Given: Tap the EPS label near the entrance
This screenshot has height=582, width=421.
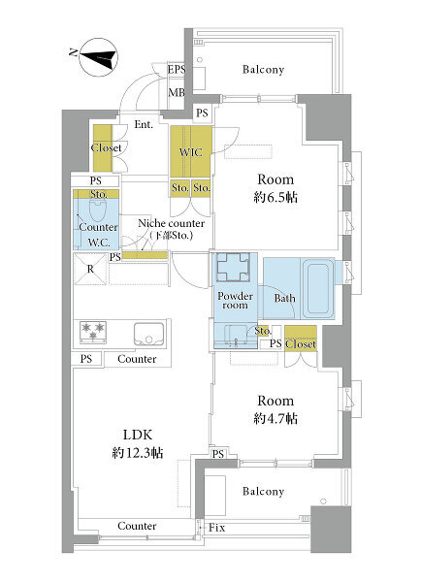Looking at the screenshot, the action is coord(176,70).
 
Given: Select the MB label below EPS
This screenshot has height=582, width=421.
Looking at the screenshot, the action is coord(177,92).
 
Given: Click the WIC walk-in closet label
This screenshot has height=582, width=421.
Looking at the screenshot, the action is coord(190,152).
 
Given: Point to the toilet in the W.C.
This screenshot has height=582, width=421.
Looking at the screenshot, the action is coord(98,210).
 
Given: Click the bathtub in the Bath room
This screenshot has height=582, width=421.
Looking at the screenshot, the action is coord(317,288).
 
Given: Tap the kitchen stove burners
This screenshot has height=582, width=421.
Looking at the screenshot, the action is coord(93,332).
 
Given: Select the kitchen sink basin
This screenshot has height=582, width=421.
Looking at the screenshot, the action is coord(148,334).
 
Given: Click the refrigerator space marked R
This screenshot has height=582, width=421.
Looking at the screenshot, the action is coord(90,269).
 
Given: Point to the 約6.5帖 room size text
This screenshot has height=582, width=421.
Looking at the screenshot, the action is coord(275,197).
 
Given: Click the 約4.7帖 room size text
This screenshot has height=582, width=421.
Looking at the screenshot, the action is coord(275,418).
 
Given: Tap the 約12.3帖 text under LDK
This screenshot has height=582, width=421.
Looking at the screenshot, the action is coord(138,452).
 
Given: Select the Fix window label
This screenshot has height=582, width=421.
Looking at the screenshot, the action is coord(216,528).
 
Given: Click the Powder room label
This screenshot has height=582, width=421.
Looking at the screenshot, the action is coord(236,301).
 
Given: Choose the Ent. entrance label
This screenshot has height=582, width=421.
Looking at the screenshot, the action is coord(144,124).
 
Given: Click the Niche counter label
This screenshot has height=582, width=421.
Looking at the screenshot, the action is coord(171,223).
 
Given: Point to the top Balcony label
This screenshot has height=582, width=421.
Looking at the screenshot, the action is coord(263,70).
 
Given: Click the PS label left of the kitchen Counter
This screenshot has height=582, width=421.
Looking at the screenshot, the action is coord(86,359).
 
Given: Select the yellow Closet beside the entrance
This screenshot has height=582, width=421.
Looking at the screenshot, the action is coord(103,147).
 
